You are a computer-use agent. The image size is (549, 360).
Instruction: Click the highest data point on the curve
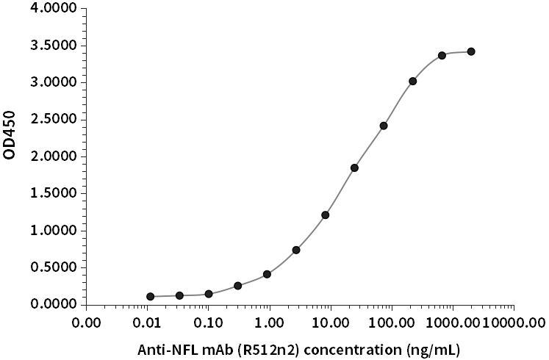coord(471,51)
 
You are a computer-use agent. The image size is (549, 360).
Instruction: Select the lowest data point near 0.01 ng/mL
coord(151,297)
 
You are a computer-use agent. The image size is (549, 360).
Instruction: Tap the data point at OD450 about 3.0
coord(412,82)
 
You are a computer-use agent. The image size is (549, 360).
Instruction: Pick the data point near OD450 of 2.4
coord(384,126)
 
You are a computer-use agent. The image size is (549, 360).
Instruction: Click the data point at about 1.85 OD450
coord(354,168)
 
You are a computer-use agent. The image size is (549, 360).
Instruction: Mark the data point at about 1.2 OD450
coord(326,215)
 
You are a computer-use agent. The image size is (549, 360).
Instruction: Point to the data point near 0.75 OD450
coord(296,250)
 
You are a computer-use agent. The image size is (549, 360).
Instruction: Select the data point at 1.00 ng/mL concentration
coord(267,274)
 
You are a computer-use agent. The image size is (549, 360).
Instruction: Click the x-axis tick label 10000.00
coord(514,321)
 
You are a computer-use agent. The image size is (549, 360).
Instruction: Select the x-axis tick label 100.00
coord(392,321)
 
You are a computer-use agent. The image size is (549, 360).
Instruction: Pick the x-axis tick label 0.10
coord(209,321)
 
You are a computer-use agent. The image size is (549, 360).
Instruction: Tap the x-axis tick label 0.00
coord(87,321)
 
